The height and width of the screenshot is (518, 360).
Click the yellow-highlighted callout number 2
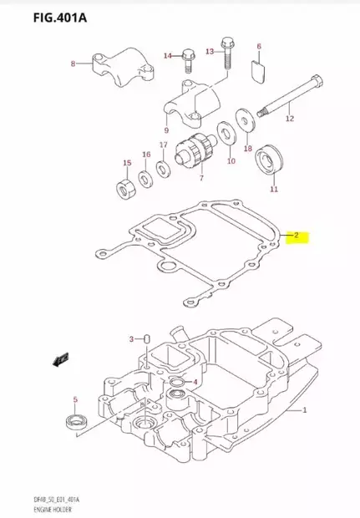295,236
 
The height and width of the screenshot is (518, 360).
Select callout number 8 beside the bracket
73,63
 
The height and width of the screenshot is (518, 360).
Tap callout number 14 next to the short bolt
166,56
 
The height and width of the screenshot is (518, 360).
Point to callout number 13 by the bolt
210,52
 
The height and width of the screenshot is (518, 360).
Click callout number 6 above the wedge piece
259,47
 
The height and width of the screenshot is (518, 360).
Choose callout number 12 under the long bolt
290,119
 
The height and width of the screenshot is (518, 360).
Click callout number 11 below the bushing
273,190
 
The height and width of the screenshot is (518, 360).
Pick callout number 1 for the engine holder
304,410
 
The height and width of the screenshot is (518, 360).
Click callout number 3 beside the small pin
130,338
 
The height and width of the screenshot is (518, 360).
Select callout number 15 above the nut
127,163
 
